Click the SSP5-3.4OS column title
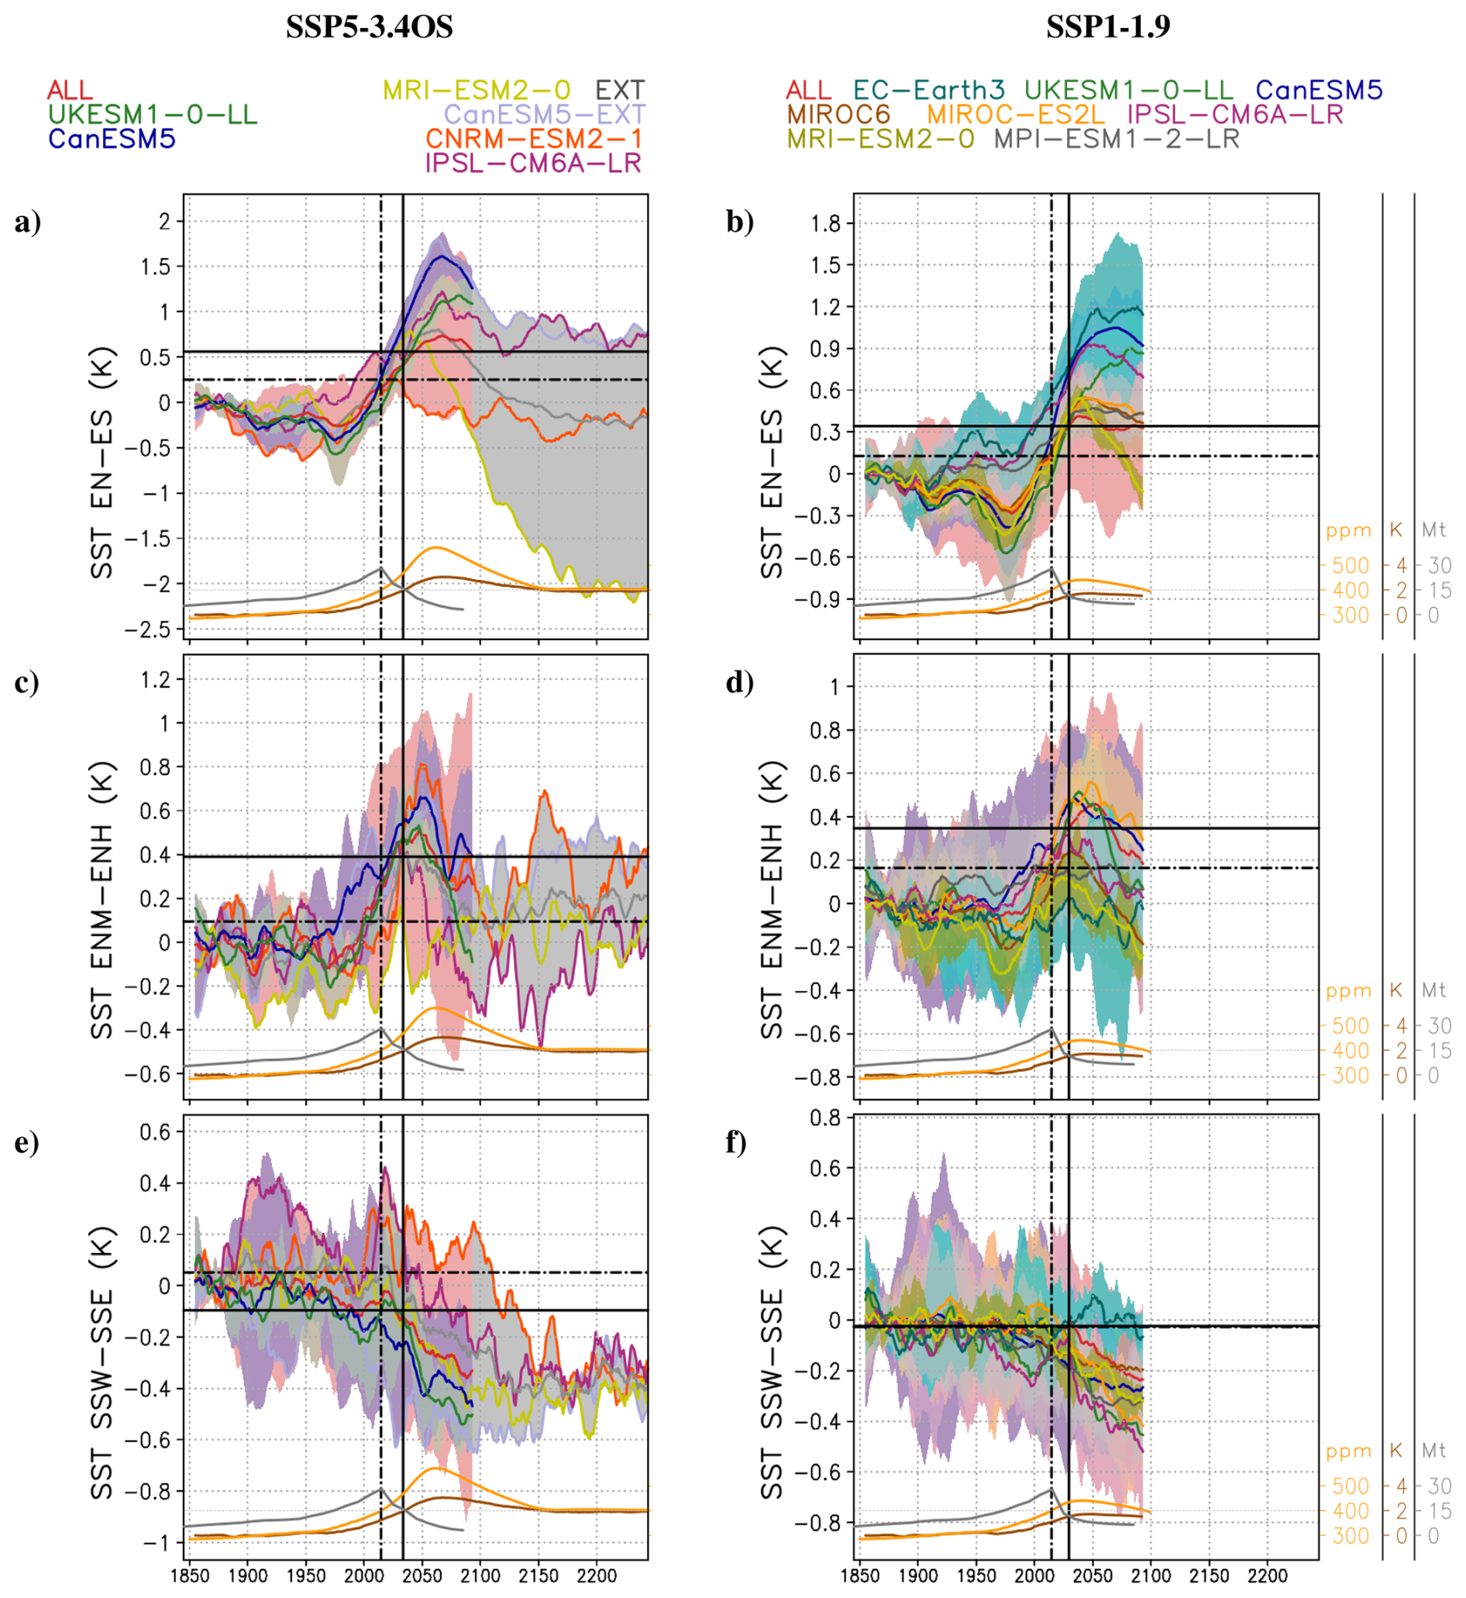[x=369, y=28]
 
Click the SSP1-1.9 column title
[x=1107, y=28]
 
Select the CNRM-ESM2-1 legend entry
[x=533, y=139]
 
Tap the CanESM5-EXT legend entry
[x=544, y=114]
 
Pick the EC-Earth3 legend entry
[x=929, y=90]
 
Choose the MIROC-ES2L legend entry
[x=1015, y=114]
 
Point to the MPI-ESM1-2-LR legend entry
[x=1116, y=139]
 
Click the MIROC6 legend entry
[x=838, y=114]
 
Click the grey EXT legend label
[x=620, y=90]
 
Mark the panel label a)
[x=28, y=222]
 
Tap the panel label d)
[x=739, y=681]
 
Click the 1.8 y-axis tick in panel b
[x=826, y=224]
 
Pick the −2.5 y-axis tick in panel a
[x=150, y=630]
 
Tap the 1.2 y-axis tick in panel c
[x=156, y=679]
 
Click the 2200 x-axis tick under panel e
[x=596, y=1575]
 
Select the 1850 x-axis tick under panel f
[x=860, y=1575]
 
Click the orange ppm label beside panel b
[x=1347, y=531]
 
